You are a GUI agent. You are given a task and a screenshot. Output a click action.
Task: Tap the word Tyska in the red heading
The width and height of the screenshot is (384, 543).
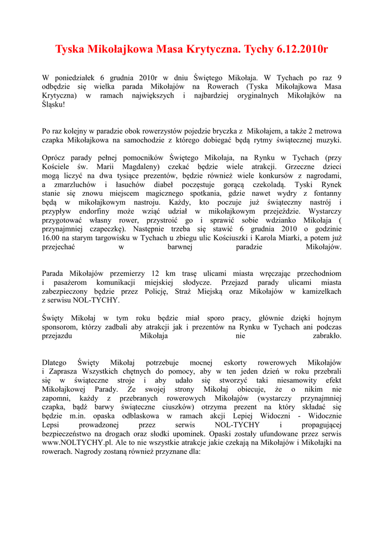coord(72,50)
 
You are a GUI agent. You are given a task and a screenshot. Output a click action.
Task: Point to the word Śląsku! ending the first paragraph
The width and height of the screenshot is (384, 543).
coord(53,105)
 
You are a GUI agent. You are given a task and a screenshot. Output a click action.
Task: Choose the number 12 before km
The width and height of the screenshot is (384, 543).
coord(156,274)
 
